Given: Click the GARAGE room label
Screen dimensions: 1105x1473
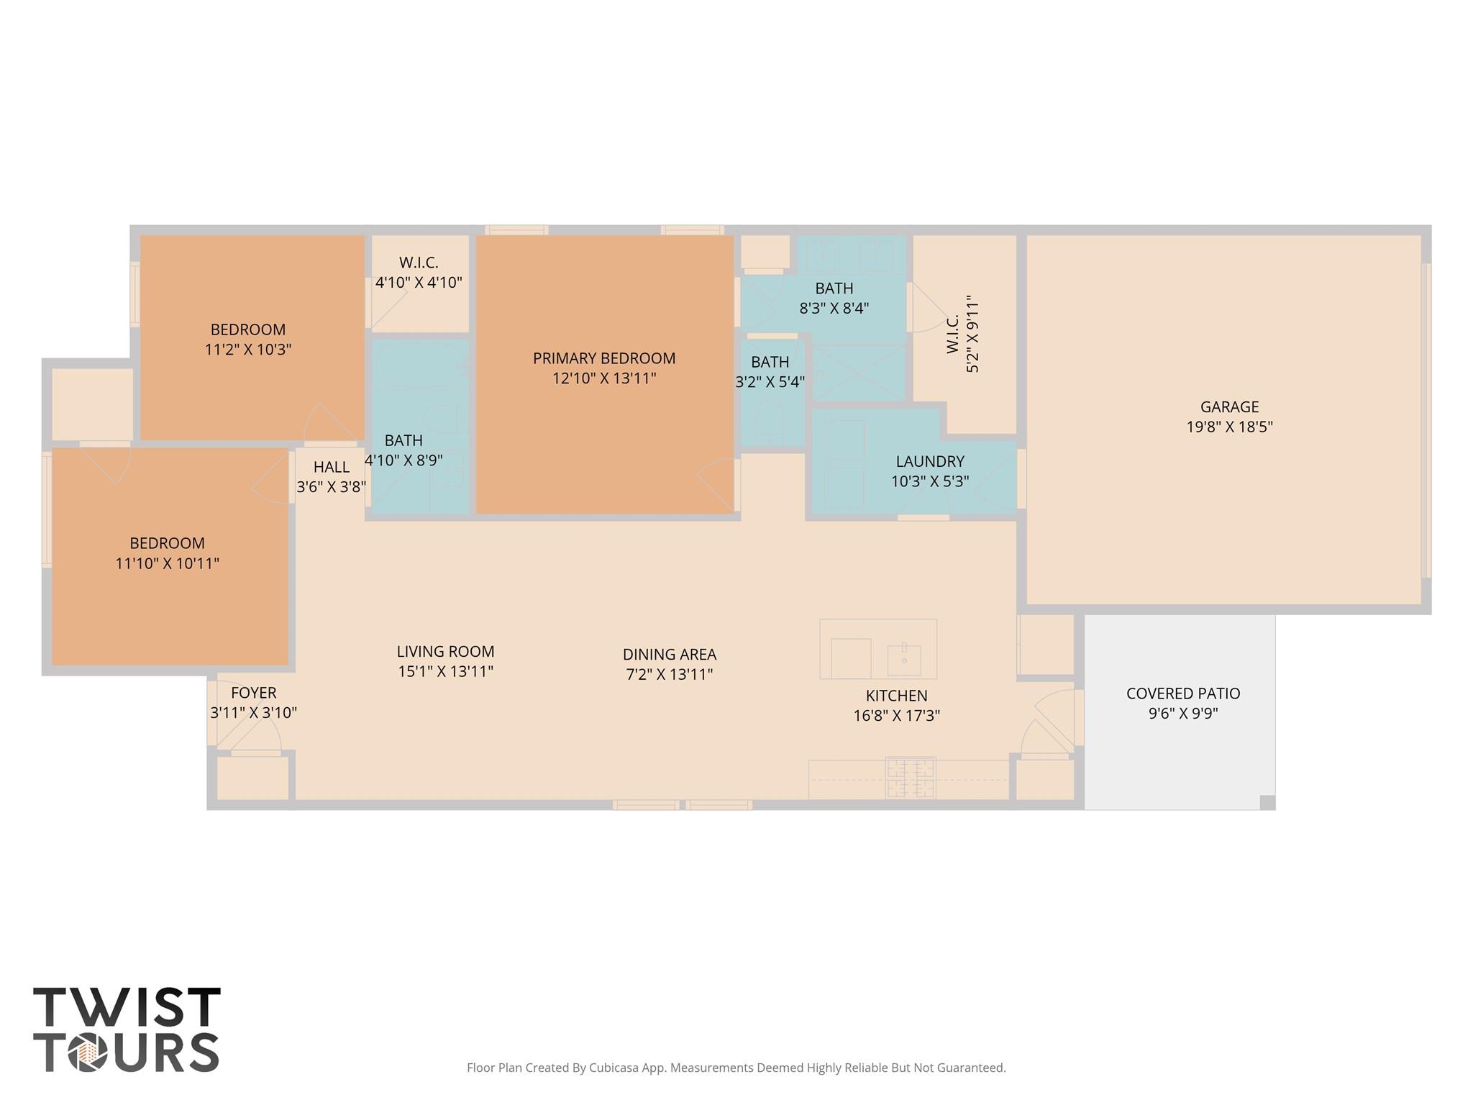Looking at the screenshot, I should pyautogui.click(x=1229, y=406).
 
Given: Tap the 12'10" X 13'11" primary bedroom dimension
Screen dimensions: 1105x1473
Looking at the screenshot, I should pyautogui.click(x=604, y=378).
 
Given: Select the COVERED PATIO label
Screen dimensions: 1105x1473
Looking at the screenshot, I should pyautogui.click(x=1182, y=694).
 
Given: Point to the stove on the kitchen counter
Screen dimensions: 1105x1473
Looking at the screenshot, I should pyautogui.click(x=911, y=778).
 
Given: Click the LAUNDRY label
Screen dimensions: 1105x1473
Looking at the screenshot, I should pyautogui.click(x=929, y=461).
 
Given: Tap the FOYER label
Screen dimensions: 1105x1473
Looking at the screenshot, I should pyautogui.click(x=253, y=693).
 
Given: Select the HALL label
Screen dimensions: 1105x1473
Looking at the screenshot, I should pyautogui.click(x=331, y=467).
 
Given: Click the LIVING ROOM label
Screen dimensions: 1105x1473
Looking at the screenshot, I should pyautogui.click(x=445, y=652).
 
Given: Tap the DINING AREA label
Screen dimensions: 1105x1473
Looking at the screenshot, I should pyautogui.click(x=669, y=655).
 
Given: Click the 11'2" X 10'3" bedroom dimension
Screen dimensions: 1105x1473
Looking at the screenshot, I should pyautogui.click(x=248, y=350).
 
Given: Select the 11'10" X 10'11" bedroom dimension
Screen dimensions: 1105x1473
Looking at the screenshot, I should pyautogui.click(x=167, y=563).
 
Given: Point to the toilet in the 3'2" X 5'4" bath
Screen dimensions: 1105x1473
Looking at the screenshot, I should pyautogui.click(x=768, y=421).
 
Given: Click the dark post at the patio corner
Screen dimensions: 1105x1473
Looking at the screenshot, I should pyautogui.click(x=1267, y=802).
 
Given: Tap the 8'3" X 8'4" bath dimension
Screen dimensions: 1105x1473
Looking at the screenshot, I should pyautogui.click(x=834, y=309).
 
